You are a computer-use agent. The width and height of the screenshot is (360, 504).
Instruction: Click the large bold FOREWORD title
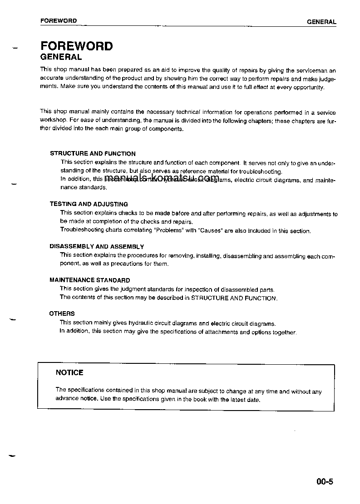pyautogui.click(x=76, y=46)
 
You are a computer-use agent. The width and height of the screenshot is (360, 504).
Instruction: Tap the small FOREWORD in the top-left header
pyautogui.click(x=59, y=21)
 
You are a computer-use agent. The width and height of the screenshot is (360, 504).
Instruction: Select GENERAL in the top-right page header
pyautogui.click(x=321, y=22)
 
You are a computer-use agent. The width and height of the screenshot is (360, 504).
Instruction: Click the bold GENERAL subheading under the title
pyautogui.click(x=61, y=57)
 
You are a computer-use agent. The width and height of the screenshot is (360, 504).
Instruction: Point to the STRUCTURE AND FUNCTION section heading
pyautogui.click(x=93, y=154)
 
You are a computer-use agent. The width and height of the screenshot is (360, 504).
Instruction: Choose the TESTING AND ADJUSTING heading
pyautogui.click(x=89, y=204)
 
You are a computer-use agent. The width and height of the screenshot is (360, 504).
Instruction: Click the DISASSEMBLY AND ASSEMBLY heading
pyautogui.click(x=97, y=247)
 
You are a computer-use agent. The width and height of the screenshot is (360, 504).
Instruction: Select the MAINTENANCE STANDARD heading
pyautogui.click(x=89, y=280)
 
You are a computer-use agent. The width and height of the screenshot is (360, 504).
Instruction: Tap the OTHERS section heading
pyautogui.click(x=62, y=313)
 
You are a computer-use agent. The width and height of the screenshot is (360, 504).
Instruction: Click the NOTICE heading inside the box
pyautogui.click(x=69, y=372)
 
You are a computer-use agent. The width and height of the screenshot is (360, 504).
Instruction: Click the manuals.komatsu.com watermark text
pyautogui.click(x=162, y=177)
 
